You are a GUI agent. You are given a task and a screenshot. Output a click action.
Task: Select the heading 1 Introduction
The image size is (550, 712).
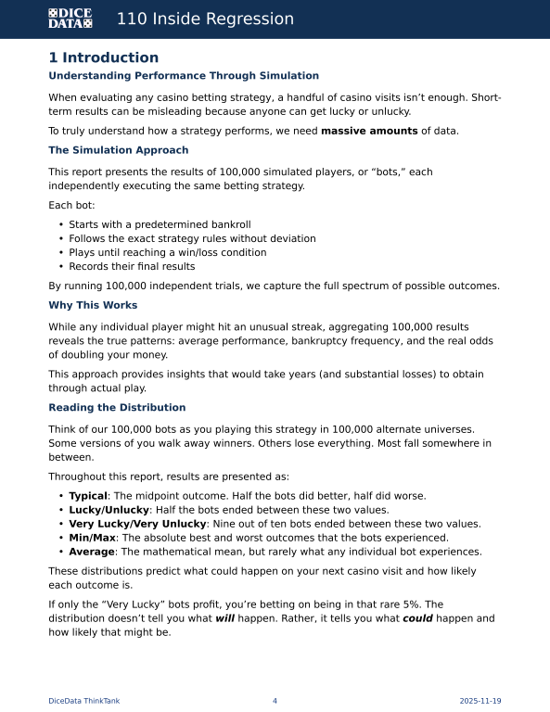104,57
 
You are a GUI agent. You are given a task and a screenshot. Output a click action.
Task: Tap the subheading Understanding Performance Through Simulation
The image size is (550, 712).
184,76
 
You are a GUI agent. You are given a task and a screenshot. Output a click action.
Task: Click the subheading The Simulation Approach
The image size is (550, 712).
119,150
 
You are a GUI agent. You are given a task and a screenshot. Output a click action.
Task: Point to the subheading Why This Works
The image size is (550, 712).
93,305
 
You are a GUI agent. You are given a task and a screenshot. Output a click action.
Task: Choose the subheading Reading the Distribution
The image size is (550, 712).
117,407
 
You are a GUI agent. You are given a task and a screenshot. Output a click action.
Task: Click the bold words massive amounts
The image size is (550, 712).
369,131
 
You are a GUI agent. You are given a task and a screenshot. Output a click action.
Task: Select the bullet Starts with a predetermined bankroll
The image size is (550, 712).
160,224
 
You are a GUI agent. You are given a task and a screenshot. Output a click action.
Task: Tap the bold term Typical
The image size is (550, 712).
88,496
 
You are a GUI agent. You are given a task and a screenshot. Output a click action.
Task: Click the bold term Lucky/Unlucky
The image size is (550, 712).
109,510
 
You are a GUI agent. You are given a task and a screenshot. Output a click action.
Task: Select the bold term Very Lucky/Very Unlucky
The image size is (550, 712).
137,524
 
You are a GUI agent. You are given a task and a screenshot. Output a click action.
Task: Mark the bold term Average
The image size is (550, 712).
92,552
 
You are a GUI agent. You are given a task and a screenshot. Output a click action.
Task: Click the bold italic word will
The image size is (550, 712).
225,618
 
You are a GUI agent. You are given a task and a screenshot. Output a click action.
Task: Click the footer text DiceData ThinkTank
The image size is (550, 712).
83,701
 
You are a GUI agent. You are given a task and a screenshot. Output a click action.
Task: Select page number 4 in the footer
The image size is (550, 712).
275,701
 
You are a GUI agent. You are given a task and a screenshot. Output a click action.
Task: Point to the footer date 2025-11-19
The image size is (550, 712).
480,701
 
